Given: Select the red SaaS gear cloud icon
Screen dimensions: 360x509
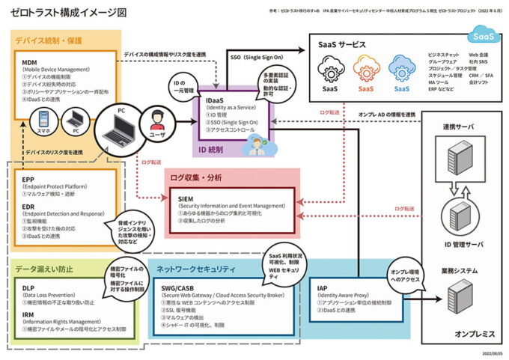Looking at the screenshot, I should pyautogui.click(x=366, y=72).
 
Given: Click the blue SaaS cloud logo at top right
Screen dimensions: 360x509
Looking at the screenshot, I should pyautogui.click(x=481, y=34).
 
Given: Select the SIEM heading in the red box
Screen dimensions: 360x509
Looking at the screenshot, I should pyautogui.click(x=188, y=197).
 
